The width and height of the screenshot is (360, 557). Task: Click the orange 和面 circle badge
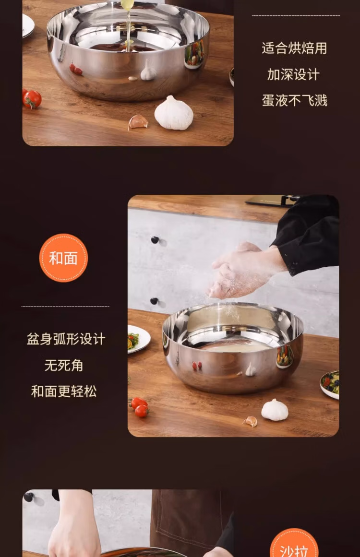tap(63, 258)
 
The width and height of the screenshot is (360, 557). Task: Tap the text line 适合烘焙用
tap(294, 48)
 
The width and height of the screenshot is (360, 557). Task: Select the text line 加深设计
tap(293, 74)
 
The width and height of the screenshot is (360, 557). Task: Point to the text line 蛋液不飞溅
tap(294, 101)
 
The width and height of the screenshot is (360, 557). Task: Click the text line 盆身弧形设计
tap(66, 339)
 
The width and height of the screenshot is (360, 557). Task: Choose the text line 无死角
tap(64, 365)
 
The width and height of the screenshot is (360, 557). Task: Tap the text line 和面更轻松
tap(64, 391)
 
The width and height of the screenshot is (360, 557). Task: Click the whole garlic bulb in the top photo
tap(174, 113)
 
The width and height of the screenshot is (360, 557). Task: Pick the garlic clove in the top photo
tap(138, 122)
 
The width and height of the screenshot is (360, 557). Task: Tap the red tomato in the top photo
tap(32, 99)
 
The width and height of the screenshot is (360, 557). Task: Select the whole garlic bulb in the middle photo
tap(275, 410)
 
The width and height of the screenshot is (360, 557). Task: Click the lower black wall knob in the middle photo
tap(154, 301)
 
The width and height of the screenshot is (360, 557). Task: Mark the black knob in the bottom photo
tap(28, 497)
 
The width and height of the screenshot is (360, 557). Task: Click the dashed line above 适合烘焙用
tap(296, 16)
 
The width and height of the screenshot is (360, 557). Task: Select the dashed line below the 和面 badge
tap(65, 306)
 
